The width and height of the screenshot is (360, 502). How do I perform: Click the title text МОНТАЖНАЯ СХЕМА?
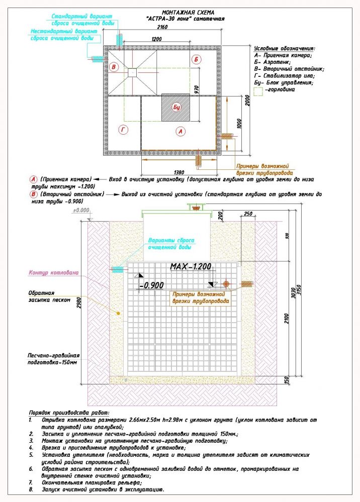(189, 12)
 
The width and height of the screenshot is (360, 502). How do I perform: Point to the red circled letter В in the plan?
(114, 67)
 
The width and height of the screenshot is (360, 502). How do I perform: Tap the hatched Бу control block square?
(176, 107)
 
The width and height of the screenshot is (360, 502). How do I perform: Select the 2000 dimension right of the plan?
(246, 99)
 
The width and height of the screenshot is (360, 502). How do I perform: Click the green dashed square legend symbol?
(259, 91)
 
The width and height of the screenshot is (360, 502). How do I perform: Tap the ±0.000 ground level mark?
(81, 211)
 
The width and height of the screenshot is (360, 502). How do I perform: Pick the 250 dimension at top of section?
(247, 213)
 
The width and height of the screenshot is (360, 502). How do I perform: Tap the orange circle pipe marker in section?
(226, 284)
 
